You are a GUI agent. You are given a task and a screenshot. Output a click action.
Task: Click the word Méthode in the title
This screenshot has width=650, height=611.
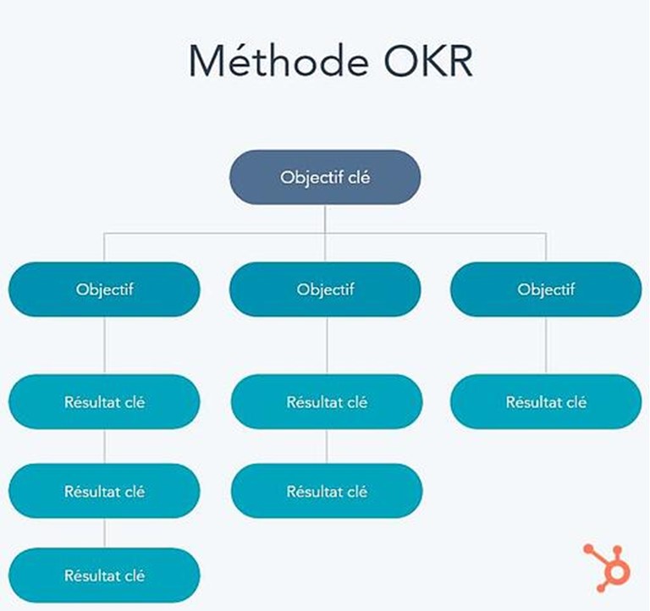coord(278,61)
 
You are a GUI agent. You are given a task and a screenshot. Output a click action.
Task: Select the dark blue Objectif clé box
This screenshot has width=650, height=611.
coord(325,177)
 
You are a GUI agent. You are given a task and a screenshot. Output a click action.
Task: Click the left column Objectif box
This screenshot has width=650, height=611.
coord(104,289)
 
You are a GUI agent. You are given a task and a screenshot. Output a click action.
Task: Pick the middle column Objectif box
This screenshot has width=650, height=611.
coord(325,289)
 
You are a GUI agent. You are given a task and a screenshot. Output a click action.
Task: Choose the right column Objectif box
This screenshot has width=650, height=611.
coord(546,289)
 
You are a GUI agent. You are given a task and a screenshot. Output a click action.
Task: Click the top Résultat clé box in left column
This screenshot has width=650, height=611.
coord(104,402)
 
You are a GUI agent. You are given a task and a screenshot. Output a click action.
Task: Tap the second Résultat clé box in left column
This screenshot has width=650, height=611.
coord(104,491)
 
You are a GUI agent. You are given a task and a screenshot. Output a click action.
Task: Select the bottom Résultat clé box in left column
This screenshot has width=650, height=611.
coord(104,575)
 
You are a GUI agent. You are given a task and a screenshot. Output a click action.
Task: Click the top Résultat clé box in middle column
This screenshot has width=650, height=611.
coord(327,402)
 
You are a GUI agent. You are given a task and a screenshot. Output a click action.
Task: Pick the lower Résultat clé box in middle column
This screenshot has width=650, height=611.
coord(327,491)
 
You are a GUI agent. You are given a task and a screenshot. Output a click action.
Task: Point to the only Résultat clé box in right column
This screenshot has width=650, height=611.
coord(546,402)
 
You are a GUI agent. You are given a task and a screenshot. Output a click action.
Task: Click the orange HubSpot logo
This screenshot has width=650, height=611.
coord(608,568)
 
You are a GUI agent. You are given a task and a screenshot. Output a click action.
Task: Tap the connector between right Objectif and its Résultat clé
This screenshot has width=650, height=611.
coord(546,346)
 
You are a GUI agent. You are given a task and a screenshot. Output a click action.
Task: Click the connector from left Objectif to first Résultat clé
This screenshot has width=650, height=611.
coord(104,346)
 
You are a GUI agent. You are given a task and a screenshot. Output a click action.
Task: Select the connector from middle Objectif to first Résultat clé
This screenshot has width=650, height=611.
coord(327,346)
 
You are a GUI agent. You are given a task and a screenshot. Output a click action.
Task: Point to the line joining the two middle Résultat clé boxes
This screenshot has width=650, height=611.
coord(327,447)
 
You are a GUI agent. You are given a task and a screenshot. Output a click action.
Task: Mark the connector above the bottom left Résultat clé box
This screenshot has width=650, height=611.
coord(104,533)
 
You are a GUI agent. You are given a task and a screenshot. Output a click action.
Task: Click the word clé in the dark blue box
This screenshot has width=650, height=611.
coord(359,178)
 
